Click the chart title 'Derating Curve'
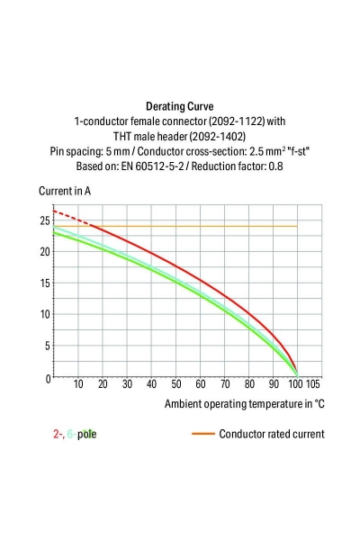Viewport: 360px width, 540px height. pyautogui.click(x=179, y=105)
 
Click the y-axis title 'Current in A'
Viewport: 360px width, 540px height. pyautogui.click(x=64, y=191)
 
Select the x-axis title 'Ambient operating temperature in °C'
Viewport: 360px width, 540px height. pyautogui.click(x=244, y=403)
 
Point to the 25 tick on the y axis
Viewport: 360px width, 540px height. pyautogui.click(x=44, y=220)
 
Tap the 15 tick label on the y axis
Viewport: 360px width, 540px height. pyautogui.click(x=44, y=283)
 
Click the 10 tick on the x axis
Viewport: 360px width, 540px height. pyautogui.click(x=78, y=384)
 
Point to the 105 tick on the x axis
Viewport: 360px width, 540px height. pyautogui.click(x=313, y=384)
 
